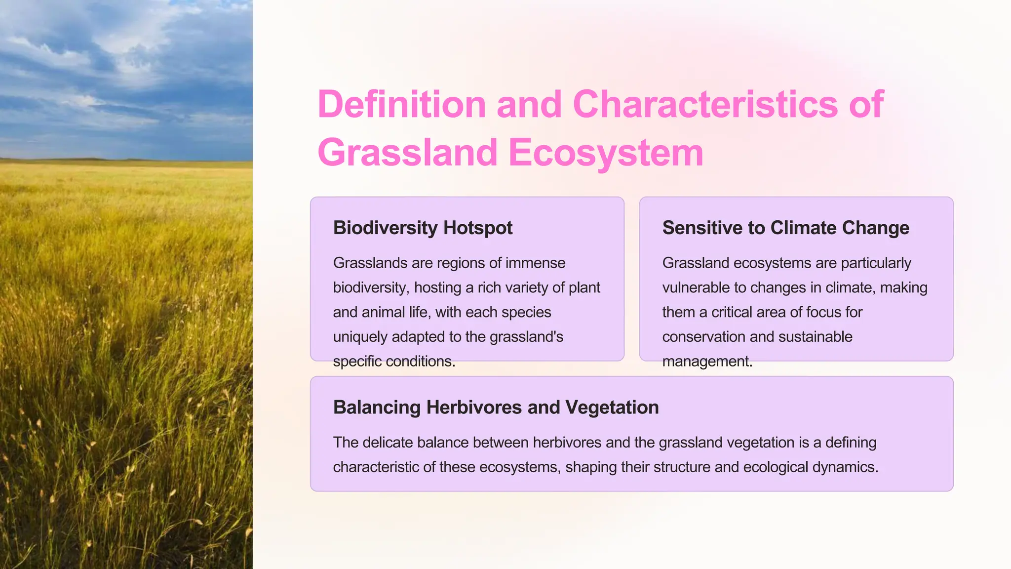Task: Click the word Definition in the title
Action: tap(402, 105)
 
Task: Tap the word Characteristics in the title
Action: tap(705, 105)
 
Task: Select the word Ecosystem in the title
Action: tap(606, 153)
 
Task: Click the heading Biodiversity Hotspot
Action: tap(423, 228)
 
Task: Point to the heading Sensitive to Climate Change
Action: tap(785, 228)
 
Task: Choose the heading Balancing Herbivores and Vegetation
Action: tap(496, 407)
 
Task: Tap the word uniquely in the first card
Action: tap(360, 337)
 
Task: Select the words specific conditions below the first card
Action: tap(394, 362)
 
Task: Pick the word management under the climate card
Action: tap(707, 362)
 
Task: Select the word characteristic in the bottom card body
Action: tap(376, 467)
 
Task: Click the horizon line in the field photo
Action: tap(126, 160)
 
